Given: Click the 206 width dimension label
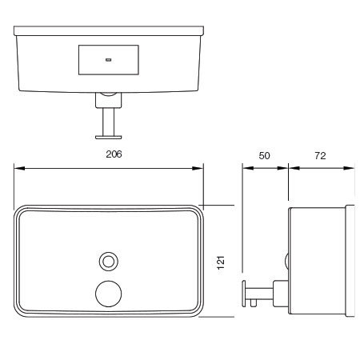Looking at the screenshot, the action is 114,154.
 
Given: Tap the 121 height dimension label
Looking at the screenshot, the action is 221,262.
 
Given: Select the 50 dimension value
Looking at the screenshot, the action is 264,155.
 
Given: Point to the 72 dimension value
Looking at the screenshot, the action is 320,155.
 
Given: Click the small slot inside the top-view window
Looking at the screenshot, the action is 108,60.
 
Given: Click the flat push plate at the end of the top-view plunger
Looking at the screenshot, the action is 109,138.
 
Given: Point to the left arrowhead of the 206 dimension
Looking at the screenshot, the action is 19,168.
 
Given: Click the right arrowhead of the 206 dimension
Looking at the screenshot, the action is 198,168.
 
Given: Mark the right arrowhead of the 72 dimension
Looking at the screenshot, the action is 349,168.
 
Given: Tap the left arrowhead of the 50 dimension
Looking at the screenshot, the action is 248,168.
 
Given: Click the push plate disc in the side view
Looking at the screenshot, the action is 244,294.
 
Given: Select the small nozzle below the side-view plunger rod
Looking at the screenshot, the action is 254,302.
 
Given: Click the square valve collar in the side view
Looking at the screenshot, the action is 281,294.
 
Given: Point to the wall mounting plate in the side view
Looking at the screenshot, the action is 350,261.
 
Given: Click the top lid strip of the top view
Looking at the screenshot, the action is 109,30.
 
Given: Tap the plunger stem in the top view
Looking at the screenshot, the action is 109,122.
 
